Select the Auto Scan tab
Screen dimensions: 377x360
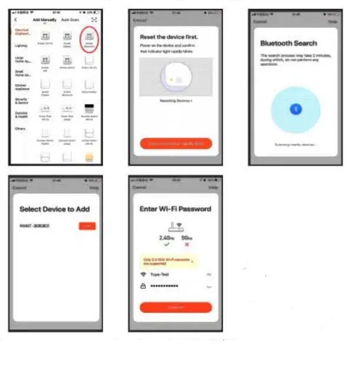[70, 20]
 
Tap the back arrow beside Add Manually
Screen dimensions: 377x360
[16, 20]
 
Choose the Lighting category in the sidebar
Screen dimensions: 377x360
[21, 45]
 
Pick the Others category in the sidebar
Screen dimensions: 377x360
[21, 128]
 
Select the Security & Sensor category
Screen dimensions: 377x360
[21, 100]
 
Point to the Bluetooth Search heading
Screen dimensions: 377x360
[288, 43]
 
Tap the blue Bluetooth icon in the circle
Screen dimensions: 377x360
[296, 109]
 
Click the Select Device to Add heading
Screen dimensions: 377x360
[54, 209]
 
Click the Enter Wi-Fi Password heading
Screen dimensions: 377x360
[175, 209]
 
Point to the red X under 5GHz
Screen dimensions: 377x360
[187, 244]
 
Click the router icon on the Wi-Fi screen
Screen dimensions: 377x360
[176, 224]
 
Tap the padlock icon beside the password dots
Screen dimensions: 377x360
[143, 286]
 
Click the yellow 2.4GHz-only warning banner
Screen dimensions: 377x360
[167, 261]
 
